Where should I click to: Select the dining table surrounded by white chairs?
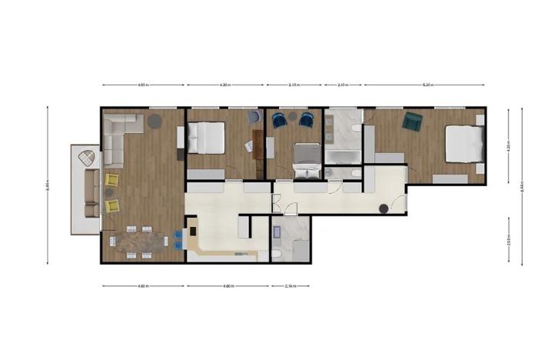click(141, 240)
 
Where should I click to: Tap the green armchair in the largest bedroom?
click(413, 122)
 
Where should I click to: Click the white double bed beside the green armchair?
click(464, 143)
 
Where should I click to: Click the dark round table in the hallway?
click(383, 208)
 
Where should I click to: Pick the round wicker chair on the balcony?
click(88, 159)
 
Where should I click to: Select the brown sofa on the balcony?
click(91, 193)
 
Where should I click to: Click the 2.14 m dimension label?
click(290, 286)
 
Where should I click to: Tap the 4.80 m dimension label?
click(228, 286)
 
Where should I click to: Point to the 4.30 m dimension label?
click(225, 85)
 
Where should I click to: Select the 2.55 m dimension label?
click(509, 238)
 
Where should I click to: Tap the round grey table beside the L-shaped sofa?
click(154, 120)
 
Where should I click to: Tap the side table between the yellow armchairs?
click(109, 192)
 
